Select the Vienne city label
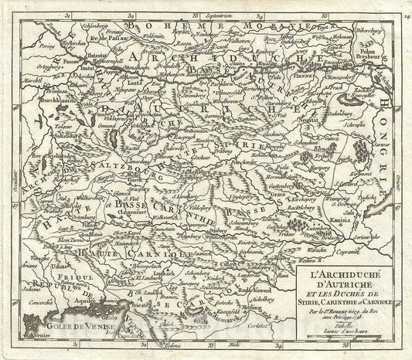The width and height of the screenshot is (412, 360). point(308,77)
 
